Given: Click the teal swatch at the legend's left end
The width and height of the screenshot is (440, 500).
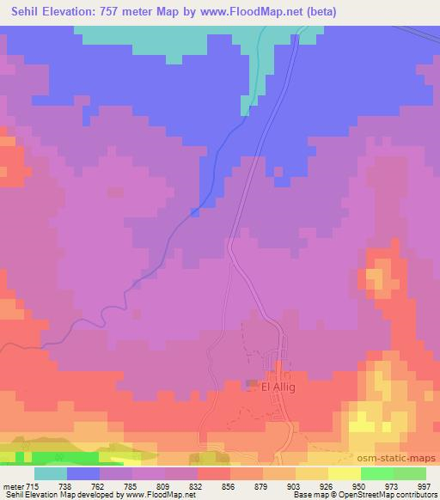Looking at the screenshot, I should pyautogui.click(x=51, y=473).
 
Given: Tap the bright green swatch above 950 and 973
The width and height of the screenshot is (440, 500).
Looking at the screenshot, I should pyautogui.click(x=377, y=473).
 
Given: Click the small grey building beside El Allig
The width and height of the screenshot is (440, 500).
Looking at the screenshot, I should pyautogui.click(x=251, y=383).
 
